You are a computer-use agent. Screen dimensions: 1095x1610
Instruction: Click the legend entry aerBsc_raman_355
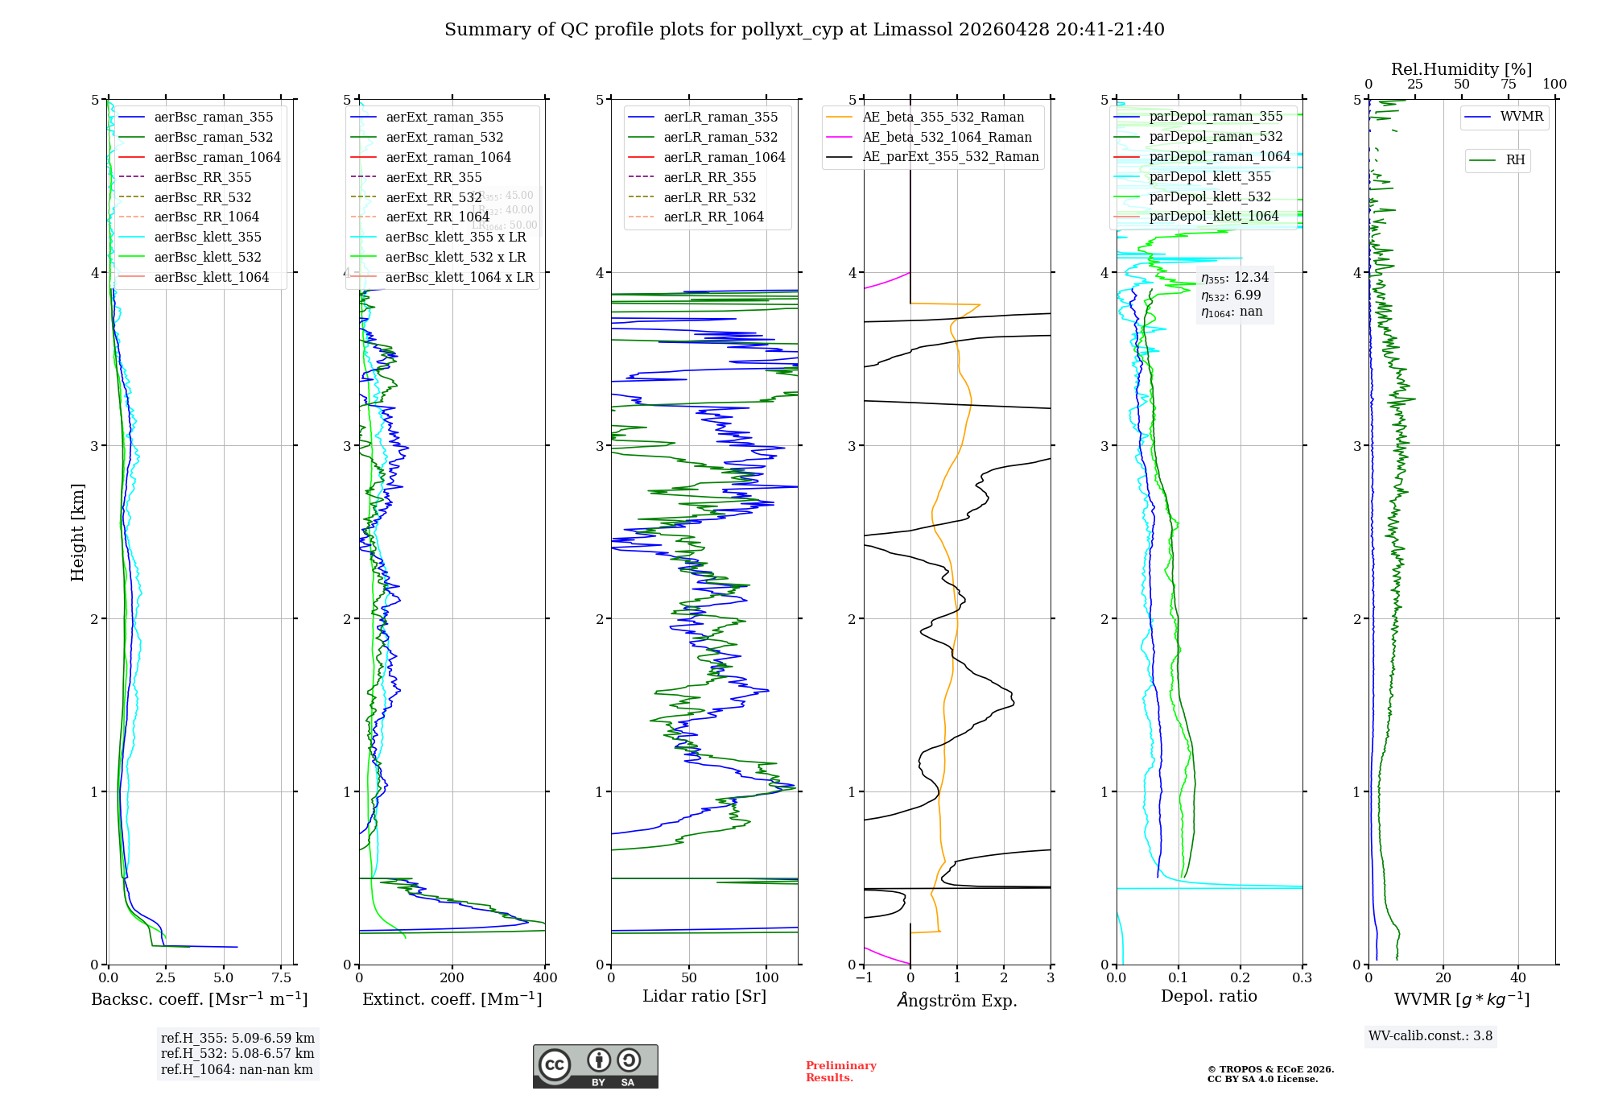tap(213, 118)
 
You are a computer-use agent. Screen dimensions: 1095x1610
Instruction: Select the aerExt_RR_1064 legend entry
tap(437, 217)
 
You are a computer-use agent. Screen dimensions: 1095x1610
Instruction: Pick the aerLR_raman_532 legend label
tap(720, 138)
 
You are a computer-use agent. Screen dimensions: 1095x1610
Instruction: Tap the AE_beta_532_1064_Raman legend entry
tap(947, 138)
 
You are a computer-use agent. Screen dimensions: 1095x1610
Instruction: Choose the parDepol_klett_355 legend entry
tap(1210, 177)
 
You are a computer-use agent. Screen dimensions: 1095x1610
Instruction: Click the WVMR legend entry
tap(1521, 117)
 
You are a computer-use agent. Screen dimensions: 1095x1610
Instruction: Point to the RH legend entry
tap(1515, 160)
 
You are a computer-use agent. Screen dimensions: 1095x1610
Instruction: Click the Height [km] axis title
tap(77, 532)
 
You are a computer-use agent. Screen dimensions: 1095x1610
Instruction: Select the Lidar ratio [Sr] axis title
tap(704, 996)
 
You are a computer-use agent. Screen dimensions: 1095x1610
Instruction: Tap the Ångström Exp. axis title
tap(957, 1001)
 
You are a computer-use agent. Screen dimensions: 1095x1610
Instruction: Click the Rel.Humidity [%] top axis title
tap(1461, 69)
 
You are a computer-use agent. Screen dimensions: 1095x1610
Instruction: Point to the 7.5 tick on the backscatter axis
tap(281, 978)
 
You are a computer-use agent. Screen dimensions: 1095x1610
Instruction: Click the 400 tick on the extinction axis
tap(545, 978)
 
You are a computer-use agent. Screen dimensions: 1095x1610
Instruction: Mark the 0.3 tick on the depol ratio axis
tap(1302, 978)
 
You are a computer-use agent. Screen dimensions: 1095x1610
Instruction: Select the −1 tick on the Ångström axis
tap(864, 978)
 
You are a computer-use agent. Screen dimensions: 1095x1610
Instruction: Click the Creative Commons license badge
tap(595, 1067)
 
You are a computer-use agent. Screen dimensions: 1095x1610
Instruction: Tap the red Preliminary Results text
tap(840, 1072)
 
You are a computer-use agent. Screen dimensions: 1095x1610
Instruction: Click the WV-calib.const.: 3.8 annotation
tap(1430, 1036)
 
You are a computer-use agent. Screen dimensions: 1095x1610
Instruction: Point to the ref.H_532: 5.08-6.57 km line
tap(237, 1054)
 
